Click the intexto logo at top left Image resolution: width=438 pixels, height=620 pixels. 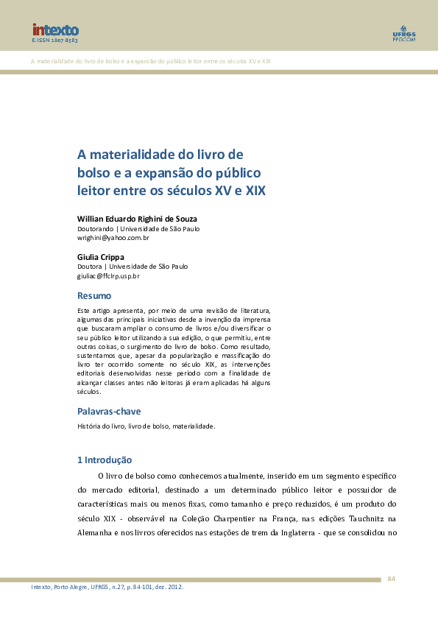coord(55,29)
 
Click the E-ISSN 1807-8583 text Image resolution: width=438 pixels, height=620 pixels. coord(54,41)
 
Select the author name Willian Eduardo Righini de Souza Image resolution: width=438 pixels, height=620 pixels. coord(137,219)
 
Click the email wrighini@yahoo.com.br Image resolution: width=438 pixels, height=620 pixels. coord(113,238)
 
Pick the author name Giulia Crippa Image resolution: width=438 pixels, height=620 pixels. coord(101,257)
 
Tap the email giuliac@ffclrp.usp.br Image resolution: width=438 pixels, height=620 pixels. coord(108,276)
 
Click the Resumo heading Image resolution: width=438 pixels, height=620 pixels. coord(94,295)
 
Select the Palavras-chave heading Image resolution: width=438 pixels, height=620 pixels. coord(109,411)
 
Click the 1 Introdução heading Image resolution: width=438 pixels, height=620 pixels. coord(105,460)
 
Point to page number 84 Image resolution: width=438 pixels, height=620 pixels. coord(392,579)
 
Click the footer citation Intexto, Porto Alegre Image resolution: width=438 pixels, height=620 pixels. coord(107,587)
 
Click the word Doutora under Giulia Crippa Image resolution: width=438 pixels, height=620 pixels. coord(90,267)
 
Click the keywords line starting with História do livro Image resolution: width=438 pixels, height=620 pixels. coord(146,426)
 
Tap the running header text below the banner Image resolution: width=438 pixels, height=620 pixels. coord(151,60)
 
